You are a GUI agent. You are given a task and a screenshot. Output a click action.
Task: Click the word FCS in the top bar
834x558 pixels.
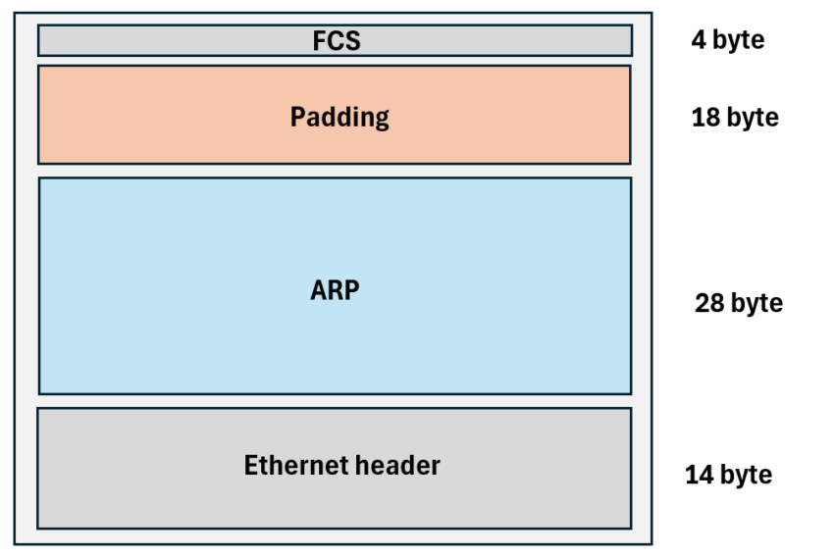tap(337, 41)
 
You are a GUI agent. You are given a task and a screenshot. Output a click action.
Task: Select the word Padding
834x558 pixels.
tap(339, 118)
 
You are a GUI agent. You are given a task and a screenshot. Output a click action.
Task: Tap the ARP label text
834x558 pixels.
tap(336, 291)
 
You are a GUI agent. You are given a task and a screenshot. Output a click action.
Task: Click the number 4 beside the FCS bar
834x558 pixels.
tap(698, 41)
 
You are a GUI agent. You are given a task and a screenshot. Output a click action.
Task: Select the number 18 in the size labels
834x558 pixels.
tap(705, 118)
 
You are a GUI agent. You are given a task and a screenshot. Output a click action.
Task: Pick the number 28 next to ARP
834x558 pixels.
tap(708, 303)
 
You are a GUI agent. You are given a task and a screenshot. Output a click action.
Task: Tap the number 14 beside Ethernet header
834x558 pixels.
tap(699, 476)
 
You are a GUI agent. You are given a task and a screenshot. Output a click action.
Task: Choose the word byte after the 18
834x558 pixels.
tap(753, 118)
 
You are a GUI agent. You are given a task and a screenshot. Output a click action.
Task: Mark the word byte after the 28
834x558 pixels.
tap(756, 303)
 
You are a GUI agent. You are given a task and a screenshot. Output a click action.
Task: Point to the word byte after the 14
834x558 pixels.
tap(746, 476)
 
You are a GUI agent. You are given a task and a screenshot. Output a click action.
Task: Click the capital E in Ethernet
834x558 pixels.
tap(251, 465)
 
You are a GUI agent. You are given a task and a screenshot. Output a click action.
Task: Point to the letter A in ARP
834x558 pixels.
tap(318, 291)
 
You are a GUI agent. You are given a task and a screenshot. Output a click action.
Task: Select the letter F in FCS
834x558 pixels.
tap(319, 41)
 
